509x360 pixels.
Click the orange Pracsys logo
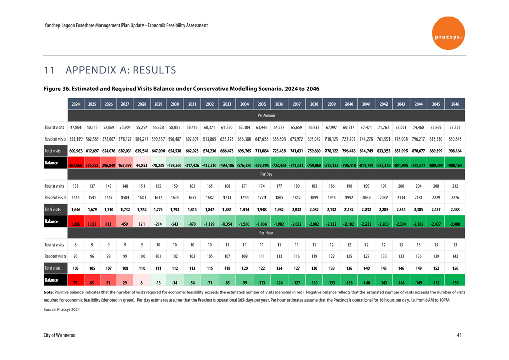click(x=449, y=33)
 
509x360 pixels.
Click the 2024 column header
click(x=75, y=104)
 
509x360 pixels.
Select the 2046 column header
click(x=455, y=104)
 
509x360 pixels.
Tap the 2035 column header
click(x=261, y=104)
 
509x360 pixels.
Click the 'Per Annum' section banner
click(x=266, y=115)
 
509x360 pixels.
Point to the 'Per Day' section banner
click(x=266, y=174)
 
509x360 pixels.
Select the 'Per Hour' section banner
click(x=266, y=233)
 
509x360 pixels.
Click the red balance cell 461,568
click(x=75, y=166)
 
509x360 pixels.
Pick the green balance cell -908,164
click(x=455, y=166)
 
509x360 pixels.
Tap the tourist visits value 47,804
click(x=75, y=127)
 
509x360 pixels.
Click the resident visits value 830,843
click(x=455, y=139)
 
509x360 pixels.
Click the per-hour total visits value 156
click(x=455, y=268)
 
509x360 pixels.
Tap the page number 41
click(x=460, y=335)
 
